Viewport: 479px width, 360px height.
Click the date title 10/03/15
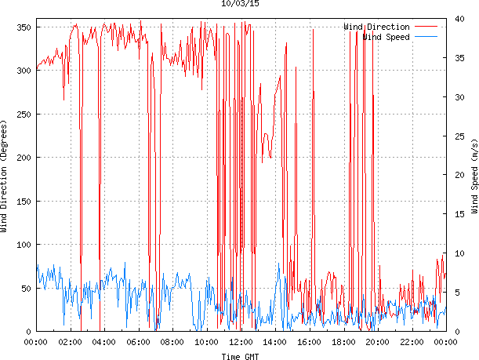(241, 4)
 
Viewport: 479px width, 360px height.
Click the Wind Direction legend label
(376, 27)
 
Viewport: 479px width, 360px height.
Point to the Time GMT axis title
(241, 356)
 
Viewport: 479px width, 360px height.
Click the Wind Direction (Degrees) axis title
(5, 177)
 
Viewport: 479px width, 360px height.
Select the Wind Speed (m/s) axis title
(474, 177)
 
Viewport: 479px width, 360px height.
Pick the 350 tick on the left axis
(23, 27)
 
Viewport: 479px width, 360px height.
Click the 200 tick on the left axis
(23, 158)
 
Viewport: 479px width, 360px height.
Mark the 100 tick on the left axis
(23, 245)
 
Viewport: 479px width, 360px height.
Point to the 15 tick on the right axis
(459, 214)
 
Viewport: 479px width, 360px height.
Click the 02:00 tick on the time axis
(70, 342)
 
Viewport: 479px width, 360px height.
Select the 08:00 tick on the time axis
(172, 342)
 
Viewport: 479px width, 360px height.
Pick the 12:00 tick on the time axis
(241, 342)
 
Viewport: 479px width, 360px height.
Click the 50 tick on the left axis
(25, 289)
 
